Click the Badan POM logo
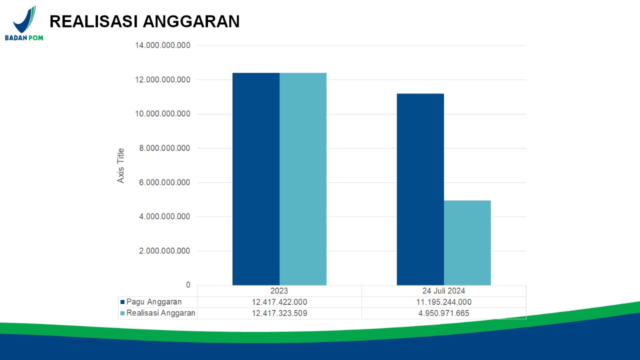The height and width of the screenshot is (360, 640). [x=24, y=23]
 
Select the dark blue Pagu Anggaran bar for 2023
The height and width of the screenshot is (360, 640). [x=256, y=179]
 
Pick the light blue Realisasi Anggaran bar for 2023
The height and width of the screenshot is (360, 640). [x=303, y=179]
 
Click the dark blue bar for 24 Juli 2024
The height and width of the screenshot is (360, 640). [x=420, y=189]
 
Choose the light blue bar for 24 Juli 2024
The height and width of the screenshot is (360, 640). [x=467, y=242]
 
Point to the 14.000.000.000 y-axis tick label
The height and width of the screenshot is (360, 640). [x=163, y=45]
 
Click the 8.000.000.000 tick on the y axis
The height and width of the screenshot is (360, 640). [x=165, y=148]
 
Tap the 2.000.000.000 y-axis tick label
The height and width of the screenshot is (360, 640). [x=165, y=251]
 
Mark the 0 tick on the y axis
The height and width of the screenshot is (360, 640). [x=188, y=285]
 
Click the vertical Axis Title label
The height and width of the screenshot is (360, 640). [x=121, y=165]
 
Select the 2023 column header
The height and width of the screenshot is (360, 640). [x=279, y=291]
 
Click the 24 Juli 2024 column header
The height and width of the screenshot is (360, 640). [x=443, y=291]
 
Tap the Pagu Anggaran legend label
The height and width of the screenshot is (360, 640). [x=154, y=302]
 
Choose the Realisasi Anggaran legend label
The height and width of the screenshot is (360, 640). [x=160, y=313]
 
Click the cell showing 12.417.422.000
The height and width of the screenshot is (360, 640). [x=279, y=302]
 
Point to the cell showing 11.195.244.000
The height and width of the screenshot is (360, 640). [x=443, y=302]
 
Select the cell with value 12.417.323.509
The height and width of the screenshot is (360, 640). [x=279, y=313]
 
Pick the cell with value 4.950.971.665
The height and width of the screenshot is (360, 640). [x=443, y=313]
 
